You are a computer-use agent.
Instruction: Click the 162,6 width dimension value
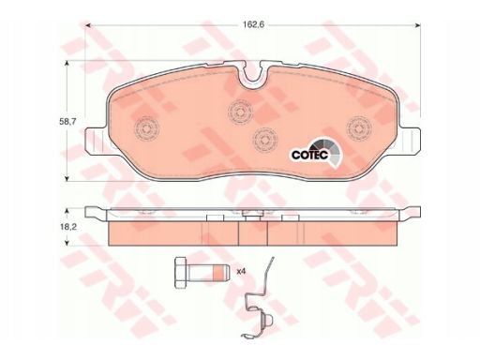tap(254, 25)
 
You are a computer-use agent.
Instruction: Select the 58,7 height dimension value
tap(67, 121)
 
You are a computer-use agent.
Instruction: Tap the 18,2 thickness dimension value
tap(68, 227)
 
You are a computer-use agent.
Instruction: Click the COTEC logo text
tap(309, 155)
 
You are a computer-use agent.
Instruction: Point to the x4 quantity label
tap(241, 271)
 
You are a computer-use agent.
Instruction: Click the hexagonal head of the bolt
tap(180, 272)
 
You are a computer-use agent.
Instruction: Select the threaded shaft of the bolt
tap(207, 272)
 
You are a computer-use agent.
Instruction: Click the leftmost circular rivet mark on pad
tap(146, 128)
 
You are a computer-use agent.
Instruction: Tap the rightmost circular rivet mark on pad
tap(359, 127)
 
